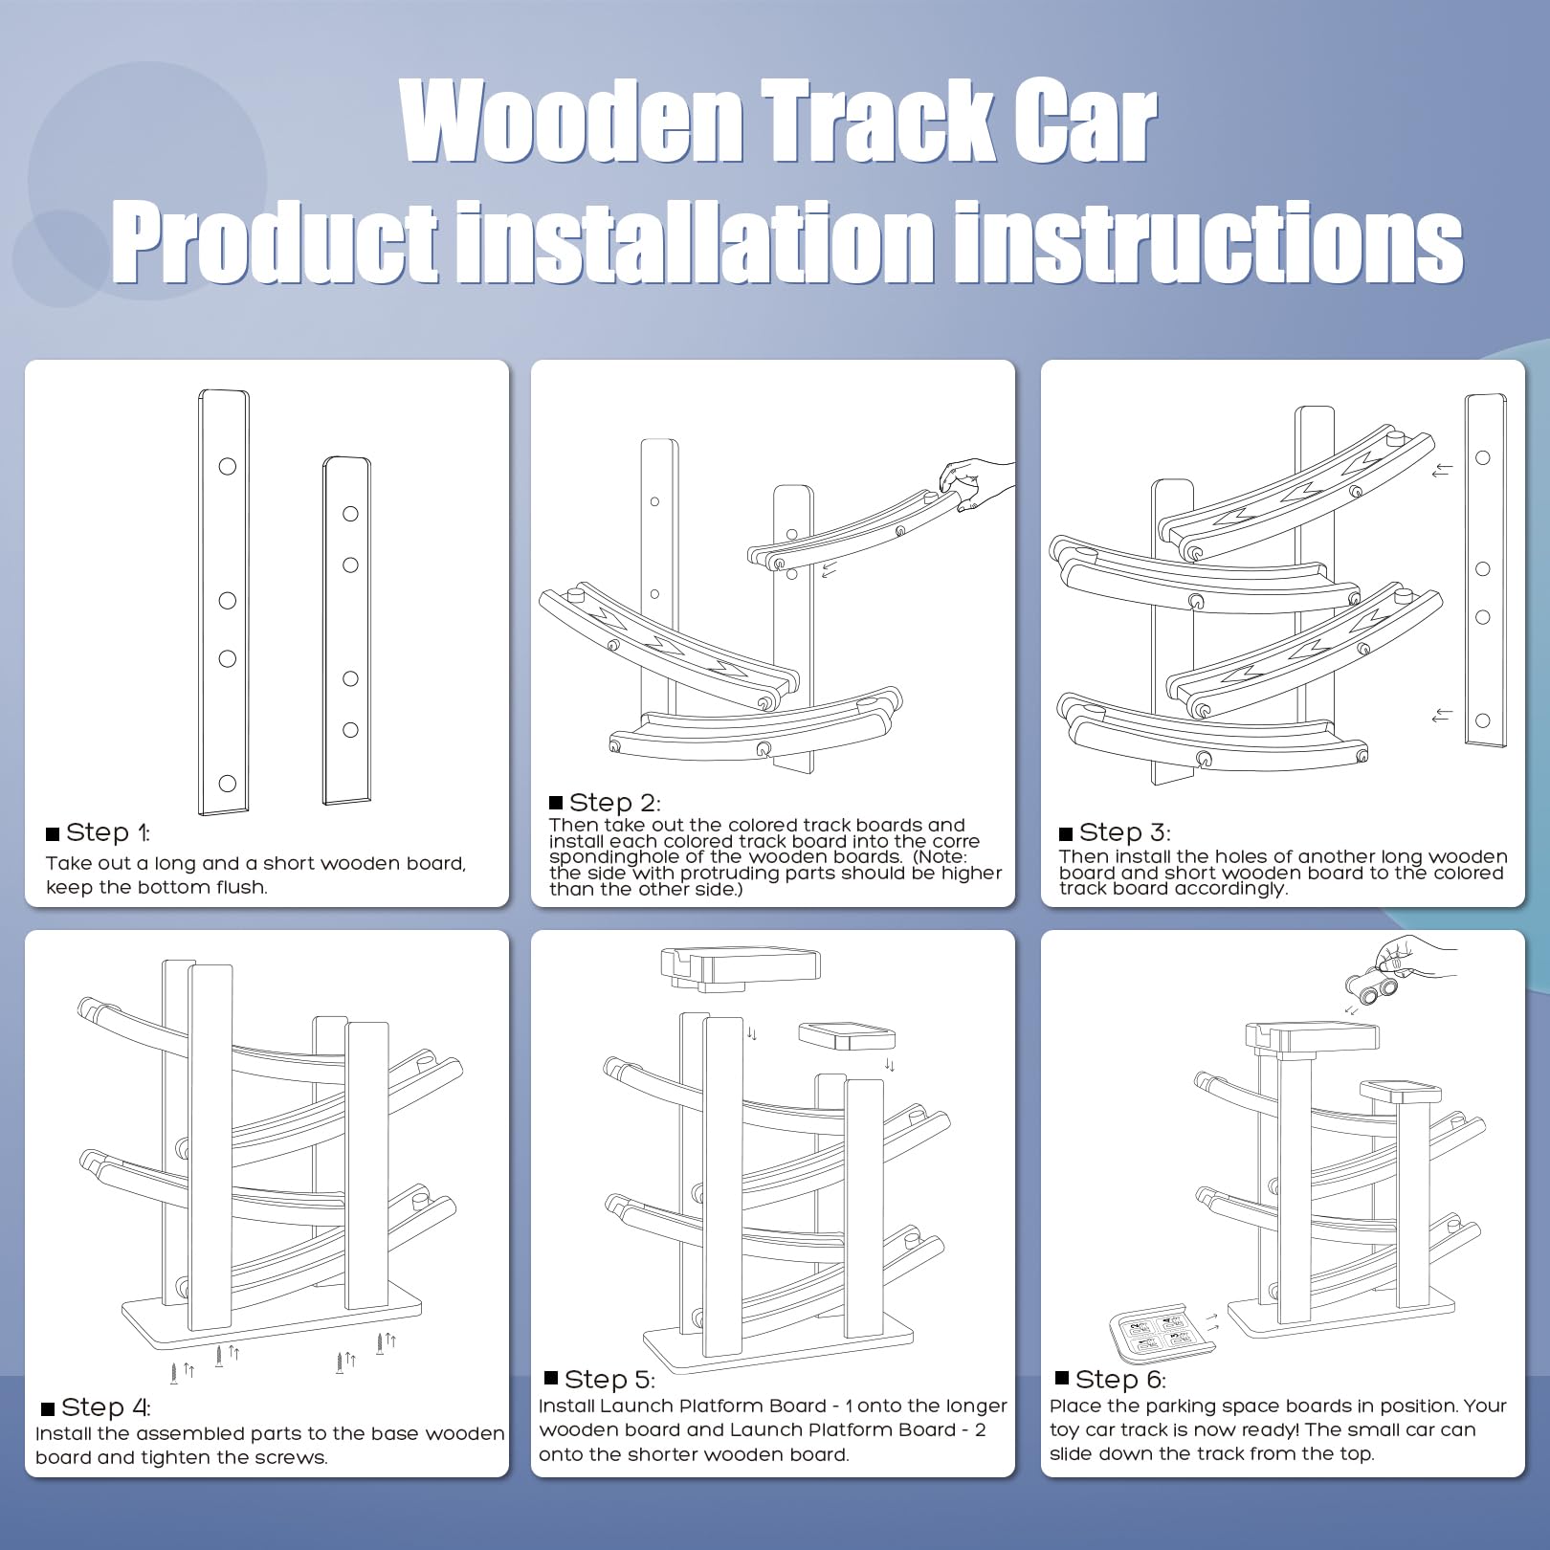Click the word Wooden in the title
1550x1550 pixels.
(x=572, y=122)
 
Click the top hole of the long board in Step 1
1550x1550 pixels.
(x=228, y=466)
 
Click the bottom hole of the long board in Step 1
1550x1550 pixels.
(x=228, y=783)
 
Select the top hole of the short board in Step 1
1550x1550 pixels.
(x=350, y=514)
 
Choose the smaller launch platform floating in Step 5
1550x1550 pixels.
(x=847, y=1035)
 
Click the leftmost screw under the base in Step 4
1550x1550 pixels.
(x=174, y=1373)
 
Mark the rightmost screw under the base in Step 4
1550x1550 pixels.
(x=381, y=1343)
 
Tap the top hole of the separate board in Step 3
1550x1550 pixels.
(x=1482, y=458)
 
